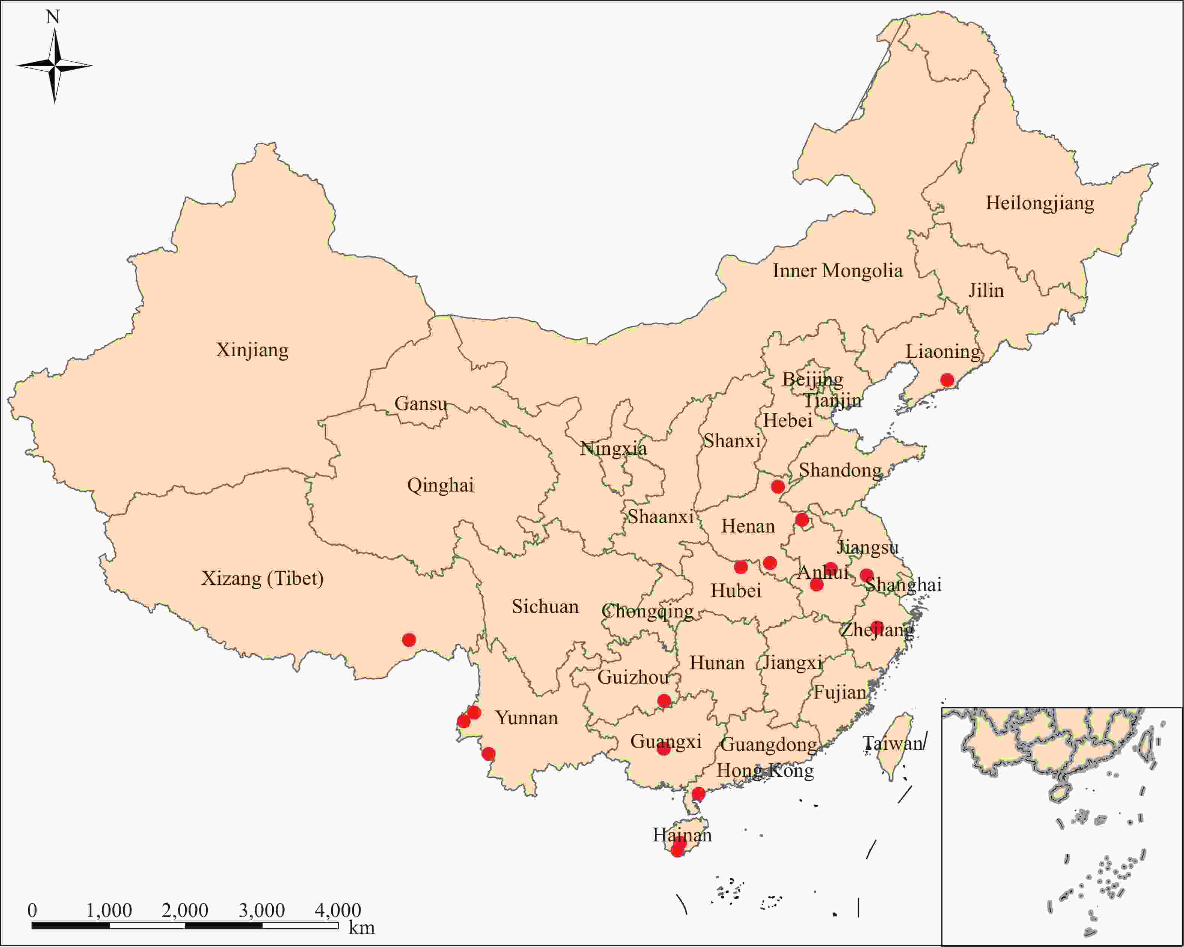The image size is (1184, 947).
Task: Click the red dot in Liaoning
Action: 947,380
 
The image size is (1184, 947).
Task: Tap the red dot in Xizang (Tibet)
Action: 409,640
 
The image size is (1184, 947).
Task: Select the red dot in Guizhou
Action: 664,701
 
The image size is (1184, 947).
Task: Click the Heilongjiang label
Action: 1040,204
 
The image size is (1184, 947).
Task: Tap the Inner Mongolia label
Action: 837,271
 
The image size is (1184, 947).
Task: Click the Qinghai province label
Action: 440,486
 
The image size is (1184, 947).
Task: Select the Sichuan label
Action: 545,607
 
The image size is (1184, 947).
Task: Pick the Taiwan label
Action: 893,744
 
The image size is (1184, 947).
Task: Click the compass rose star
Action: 54,66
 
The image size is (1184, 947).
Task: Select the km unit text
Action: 361,928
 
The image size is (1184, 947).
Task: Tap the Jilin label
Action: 986,290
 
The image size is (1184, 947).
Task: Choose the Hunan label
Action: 717,663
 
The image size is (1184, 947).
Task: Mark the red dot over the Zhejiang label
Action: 877,627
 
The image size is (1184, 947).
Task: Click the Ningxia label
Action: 613,449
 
